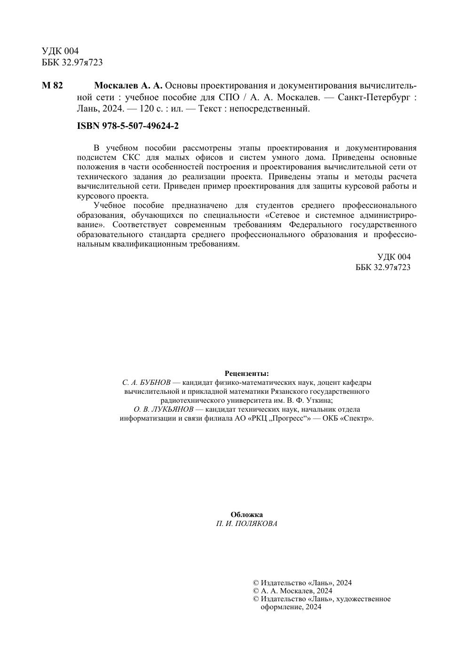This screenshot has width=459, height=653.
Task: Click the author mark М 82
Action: coord(52,86)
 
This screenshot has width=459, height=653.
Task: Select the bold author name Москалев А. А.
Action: coord(128,86)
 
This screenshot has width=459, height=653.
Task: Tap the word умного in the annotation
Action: coord(292,157)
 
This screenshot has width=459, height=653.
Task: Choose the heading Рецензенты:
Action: coord(246,374)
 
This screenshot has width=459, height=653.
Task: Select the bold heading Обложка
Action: coord(246,515)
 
